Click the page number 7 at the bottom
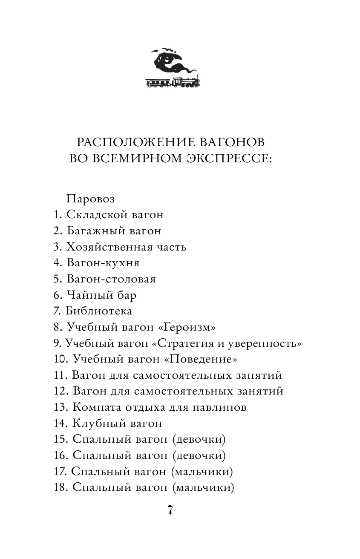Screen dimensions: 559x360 (x=170, y=510)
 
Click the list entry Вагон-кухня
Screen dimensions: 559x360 (x=103, y=263)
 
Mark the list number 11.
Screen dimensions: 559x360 (x=60, y=375)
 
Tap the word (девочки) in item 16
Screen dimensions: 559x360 (x=199, y=455)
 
